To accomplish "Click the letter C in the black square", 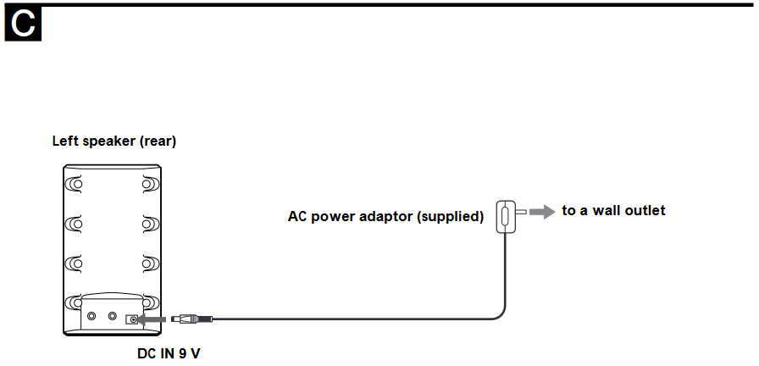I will click(x=24, y=25).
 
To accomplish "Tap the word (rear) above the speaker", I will click(x=158, y=141).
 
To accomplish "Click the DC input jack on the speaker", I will click(x=132, y=319).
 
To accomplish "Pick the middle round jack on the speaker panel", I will click(x=113, y=315).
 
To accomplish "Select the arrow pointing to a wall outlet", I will click(x=541, y=211).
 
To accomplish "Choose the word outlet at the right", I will click(x=646, y=210).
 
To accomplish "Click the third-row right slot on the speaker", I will click(x=150, y=263).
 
